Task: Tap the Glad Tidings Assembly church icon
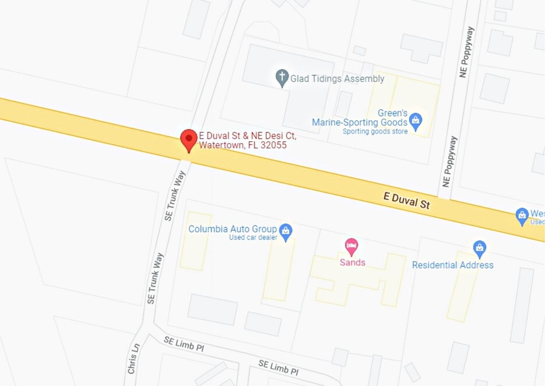[282, 78]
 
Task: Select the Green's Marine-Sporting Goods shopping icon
[416, 121]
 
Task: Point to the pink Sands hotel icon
[352, 247]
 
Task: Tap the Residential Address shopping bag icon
[480, 248]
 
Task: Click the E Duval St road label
[406, 200]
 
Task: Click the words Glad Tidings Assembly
[337, 79]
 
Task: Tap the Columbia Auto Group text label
[233, 229]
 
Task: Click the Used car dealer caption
[253, 238]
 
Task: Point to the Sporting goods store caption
[375, 131]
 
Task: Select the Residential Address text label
[452, 265]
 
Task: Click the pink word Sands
[352, 262]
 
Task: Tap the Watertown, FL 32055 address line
[243, 145]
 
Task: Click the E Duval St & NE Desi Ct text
[248, 135]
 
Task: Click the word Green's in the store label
[392, 113]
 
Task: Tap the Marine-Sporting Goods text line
[360, 122]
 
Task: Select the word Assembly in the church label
[364, 79]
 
